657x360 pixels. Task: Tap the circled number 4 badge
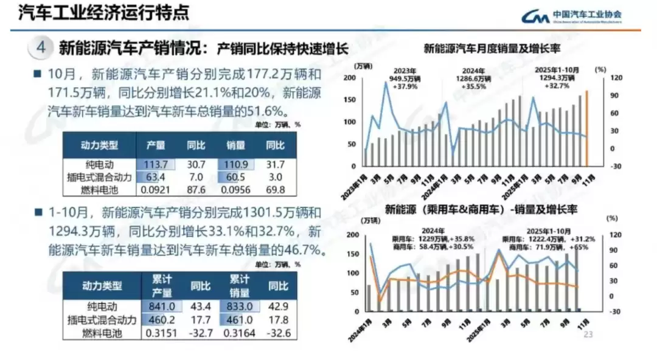(x=41, y=47)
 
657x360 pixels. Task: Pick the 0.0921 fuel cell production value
(x=156, y=189)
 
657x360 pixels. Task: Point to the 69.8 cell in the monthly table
(x=275, y=189)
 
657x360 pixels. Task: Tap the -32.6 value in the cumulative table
(x=278, y=332)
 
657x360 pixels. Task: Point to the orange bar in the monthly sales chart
(x=587, y=128)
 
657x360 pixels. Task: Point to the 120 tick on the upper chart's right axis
(x=616, y=78)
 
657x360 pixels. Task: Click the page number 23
(x=588, y=334)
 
